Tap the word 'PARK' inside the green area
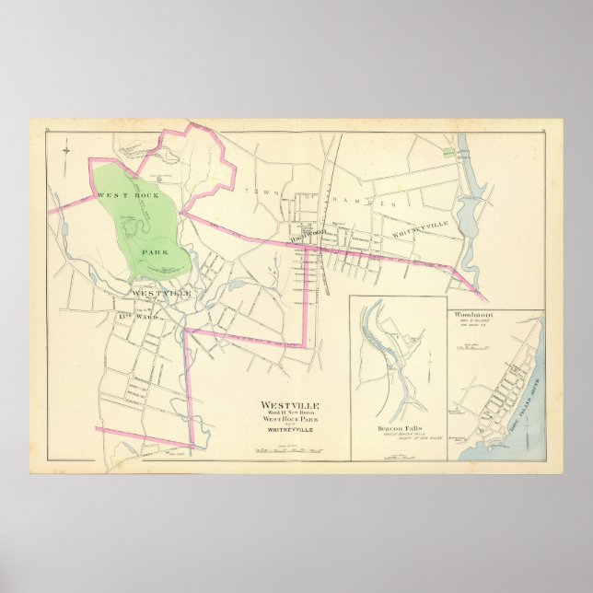click(x=153, y=250)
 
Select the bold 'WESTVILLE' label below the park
click(x=162, y=293)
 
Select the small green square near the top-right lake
click(x=448, y=152)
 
